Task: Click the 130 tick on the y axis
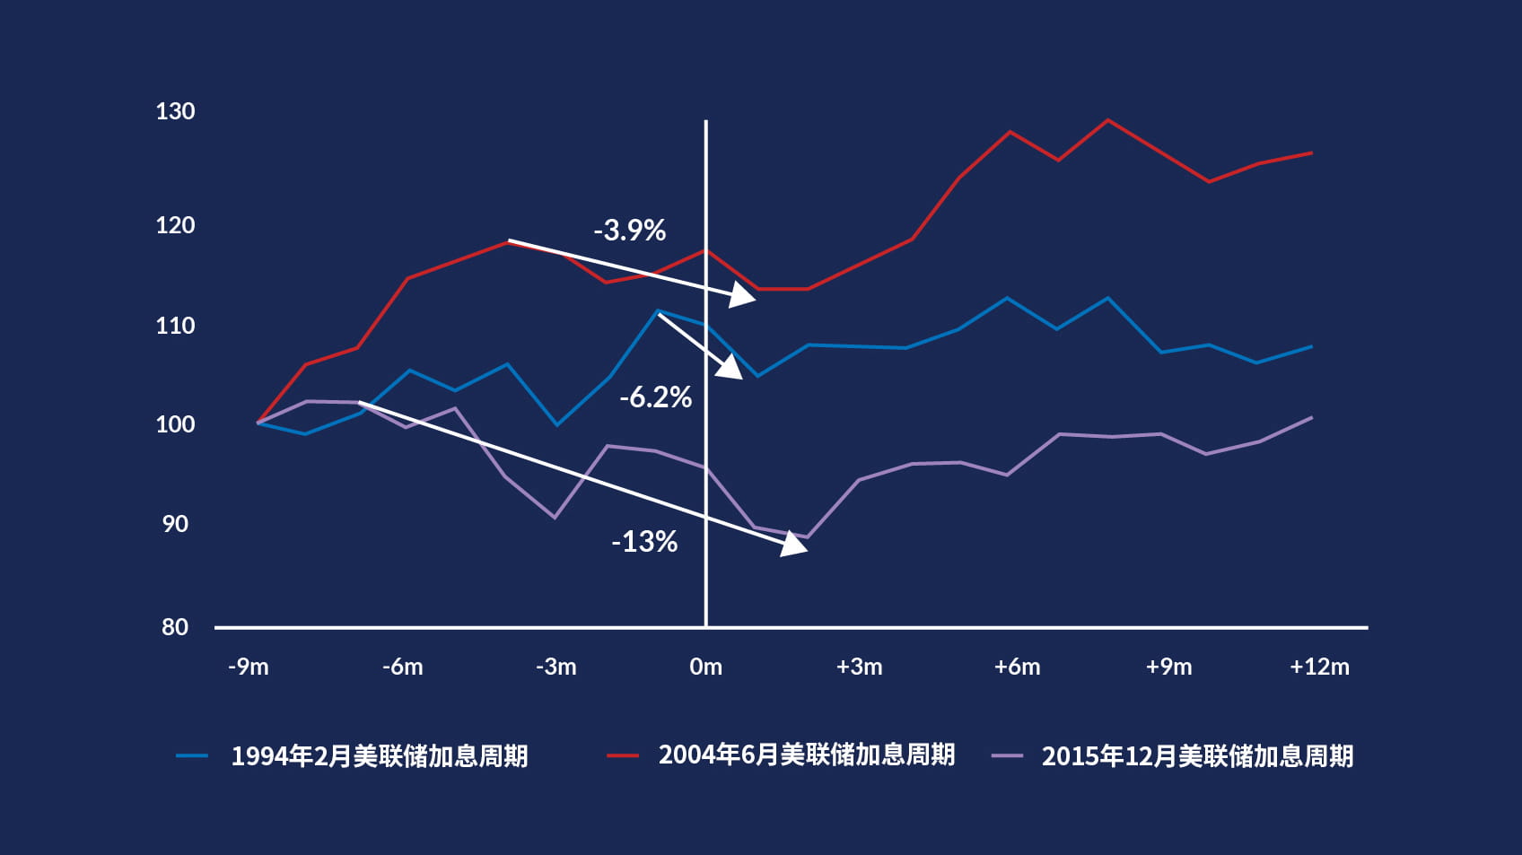(x=175, y=111)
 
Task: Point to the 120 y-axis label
(x=175, y=225)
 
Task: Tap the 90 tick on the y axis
(x=175, y=524)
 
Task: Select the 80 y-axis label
(x=175, y=627)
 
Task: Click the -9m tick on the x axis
(x=249, y=667)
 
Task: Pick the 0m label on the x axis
(x=705, y=667)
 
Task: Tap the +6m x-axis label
(x=1017, y=667)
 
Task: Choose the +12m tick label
(x=1319, y=667)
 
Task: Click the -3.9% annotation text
(x=629, y=231)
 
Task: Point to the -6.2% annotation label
(x=655, y=397)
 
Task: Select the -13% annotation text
(x=644, y=542)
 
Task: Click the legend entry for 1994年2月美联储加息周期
(x=379, y=756)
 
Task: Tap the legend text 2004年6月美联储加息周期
(x=806, y=755)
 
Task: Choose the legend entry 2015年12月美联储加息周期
(x=1197, y=756)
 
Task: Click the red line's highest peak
(x=1108, y=120)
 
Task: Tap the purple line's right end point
(x=1312, y=418)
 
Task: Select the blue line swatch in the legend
(x=192, y=756)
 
